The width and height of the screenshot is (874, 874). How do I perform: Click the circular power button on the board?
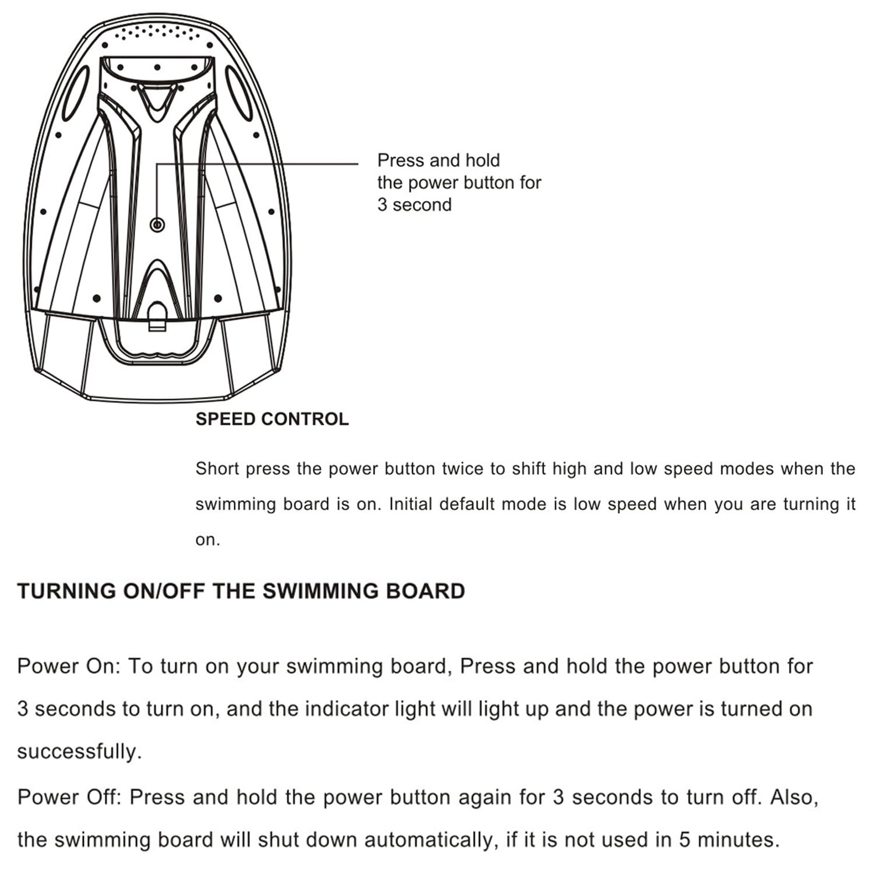tap(157, 224)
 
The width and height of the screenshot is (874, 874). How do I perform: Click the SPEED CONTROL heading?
tap(272, 419)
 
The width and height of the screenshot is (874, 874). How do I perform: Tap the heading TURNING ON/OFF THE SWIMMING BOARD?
tap(241, 591)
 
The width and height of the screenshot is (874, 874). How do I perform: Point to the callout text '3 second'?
tap(414, 205)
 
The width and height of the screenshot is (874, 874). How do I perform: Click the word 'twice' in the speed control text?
tap(464, 469)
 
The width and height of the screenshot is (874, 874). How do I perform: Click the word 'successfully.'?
tap(79, 752)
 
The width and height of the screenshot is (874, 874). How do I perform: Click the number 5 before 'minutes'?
tap(685, 840)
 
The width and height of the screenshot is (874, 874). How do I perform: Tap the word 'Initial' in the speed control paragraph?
tap(411, 504)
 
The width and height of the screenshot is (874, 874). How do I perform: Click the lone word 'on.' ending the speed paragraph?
tap(207, 540)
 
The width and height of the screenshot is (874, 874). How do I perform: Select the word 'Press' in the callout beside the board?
tap(399, 160)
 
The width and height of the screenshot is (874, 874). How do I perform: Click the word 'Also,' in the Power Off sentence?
tap(794, 797)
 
